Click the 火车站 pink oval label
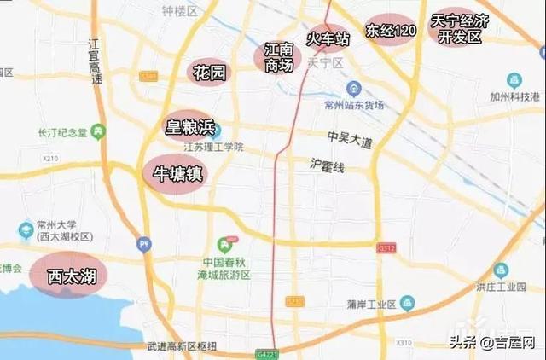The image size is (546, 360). tap(328, 38)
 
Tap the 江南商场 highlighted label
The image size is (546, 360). tap(280, 57)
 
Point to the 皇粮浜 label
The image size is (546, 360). tap(189, 128)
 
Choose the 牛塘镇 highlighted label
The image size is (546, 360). tap(177, 173)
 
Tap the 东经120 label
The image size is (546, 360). tap(392, 31)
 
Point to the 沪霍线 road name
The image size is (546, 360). tap(328, 168)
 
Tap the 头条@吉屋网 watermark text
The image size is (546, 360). tap(492, 342)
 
